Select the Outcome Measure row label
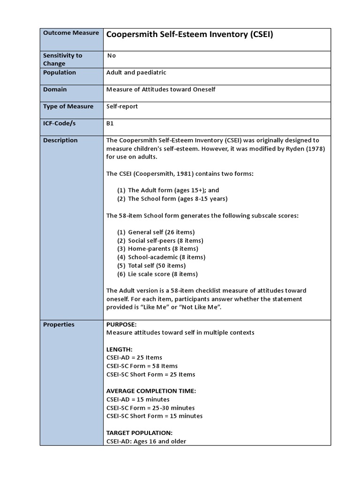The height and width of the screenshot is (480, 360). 71,33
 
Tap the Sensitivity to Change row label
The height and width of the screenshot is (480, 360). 62,59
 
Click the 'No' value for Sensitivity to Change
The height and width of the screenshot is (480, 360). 112,55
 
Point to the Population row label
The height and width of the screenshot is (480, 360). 60,73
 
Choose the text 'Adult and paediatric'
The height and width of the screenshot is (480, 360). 136,73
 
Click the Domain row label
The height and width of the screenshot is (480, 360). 55,90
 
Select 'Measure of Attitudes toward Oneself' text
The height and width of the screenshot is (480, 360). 161,90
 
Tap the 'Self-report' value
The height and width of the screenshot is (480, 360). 122,106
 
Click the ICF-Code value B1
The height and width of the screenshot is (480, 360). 110,123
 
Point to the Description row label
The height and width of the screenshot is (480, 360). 60,140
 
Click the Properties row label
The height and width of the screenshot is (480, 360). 59,324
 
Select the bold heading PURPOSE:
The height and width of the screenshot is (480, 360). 121,324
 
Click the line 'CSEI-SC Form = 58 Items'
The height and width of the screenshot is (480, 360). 142,366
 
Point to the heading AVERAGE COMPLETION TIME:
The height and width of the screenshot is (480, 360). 151,391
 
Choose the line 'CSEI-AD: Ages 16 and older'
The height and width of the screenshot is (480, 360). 146,441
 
